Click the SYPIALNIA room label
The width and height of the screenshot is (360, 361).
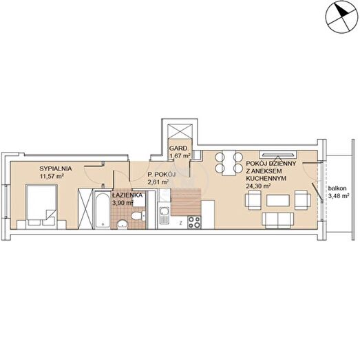pos(56,168)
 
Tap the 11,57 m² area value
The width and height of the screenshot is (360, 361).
pos(52,176)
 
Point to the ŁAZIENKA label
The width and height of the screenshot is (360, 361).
pos(127,195)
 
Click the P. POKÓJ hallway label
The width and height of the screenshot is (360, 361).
pos(162,175)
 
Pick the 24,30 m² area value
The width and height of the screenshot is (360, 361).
pos(258,186)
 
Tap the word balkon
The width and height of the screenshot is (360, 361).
pos(337,188)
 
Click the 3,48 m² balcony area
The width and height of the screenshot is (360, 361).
pos(339,196)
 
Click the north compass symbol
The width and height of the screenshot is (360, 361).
pos(341,17)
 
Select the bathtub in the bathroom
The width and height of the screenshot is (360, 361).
pos(103,210)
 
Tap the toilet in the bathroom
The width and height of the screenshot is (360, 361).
pos(138,216)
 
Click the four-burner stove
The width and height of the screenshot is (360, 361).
pos(194,222)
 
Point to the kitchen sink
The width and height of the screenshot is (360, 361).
pos(164,215)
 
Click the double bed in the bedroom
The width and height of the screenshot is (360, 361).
pos(41,205)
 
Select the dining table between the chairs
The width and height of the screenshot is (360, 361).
pos(229,163)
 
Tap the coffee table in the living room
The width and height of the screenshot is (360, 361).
pos(278,201)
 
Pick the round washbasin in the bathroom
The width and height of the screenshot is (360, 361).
pos(122,224)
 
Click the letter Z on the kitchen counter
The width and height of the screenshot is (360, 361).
pos(181,223)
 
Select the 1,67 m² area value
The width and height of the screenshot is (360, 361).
pos(180,156)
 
